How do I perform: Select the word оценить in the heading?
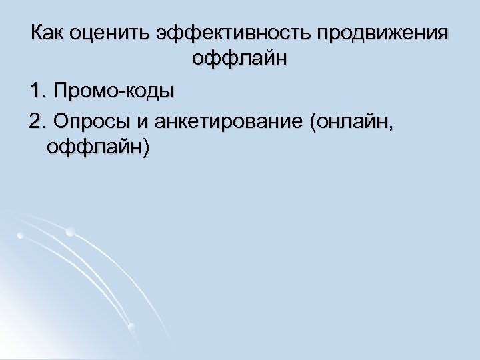113,33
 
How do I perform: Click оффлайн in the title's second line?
240,59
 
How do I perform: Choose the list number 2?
35,121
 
